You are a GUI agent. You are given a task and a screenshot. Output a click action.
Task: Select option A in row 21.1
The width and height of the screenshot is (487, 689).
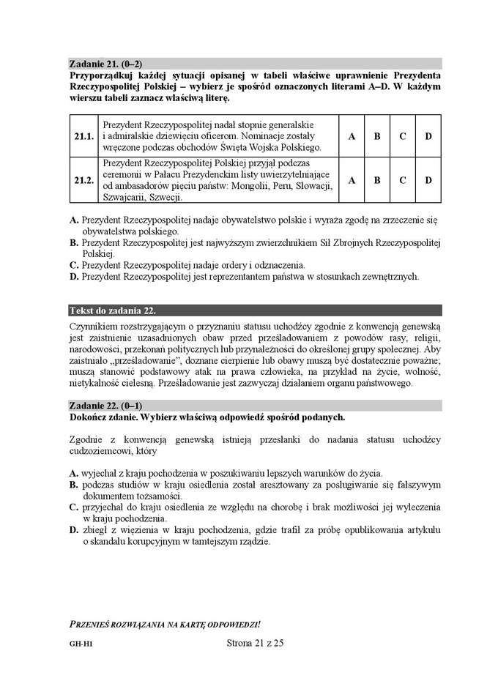351,136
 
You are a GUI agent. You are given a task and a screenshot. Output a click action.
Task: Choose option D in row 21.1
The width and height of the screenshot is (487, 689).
428,136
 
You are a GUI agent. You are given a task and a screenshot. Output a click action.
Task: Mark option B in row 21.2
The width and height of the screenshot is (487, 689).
377,179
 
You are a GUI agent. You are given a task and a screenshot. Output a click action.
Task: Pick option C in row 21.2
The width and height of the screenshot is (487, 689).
402,179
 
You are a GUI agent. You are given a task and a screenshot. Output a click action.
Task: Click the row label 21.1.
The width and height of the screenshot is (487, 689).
84,136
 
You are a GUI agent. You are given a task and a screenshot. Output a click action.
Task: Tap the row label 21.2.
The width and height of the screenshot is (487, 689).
84,179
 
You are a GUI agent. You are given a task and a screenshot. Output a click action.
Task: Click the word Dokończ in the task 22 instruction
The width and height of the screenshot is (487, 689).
91,417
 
